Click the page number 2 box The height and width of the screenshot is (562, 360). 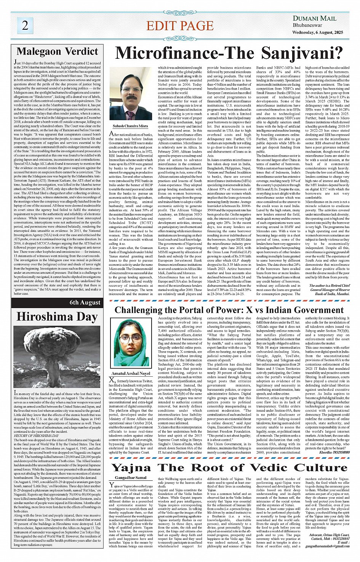25,25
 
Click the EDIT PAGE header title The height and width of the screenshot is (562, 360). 180,26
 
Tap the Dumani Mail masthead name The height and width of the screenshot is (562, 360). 314,18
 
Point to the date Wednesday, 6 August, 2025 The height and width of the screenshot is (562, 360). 318,32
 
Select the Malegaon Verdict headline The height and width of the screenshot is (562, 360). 58,51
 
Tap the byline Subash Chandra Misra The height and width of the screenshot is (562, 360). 130,125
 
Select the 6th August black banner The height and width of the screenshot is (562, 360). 57,303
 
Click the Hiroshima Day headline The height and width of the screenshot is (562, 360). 57,316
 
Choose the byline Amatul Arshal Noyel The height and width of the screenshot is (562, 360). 131,373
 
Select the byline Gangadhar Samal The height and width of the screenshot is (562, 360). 130,477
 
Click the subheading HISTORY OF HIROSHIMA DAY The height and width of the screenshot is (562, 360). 36,435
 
